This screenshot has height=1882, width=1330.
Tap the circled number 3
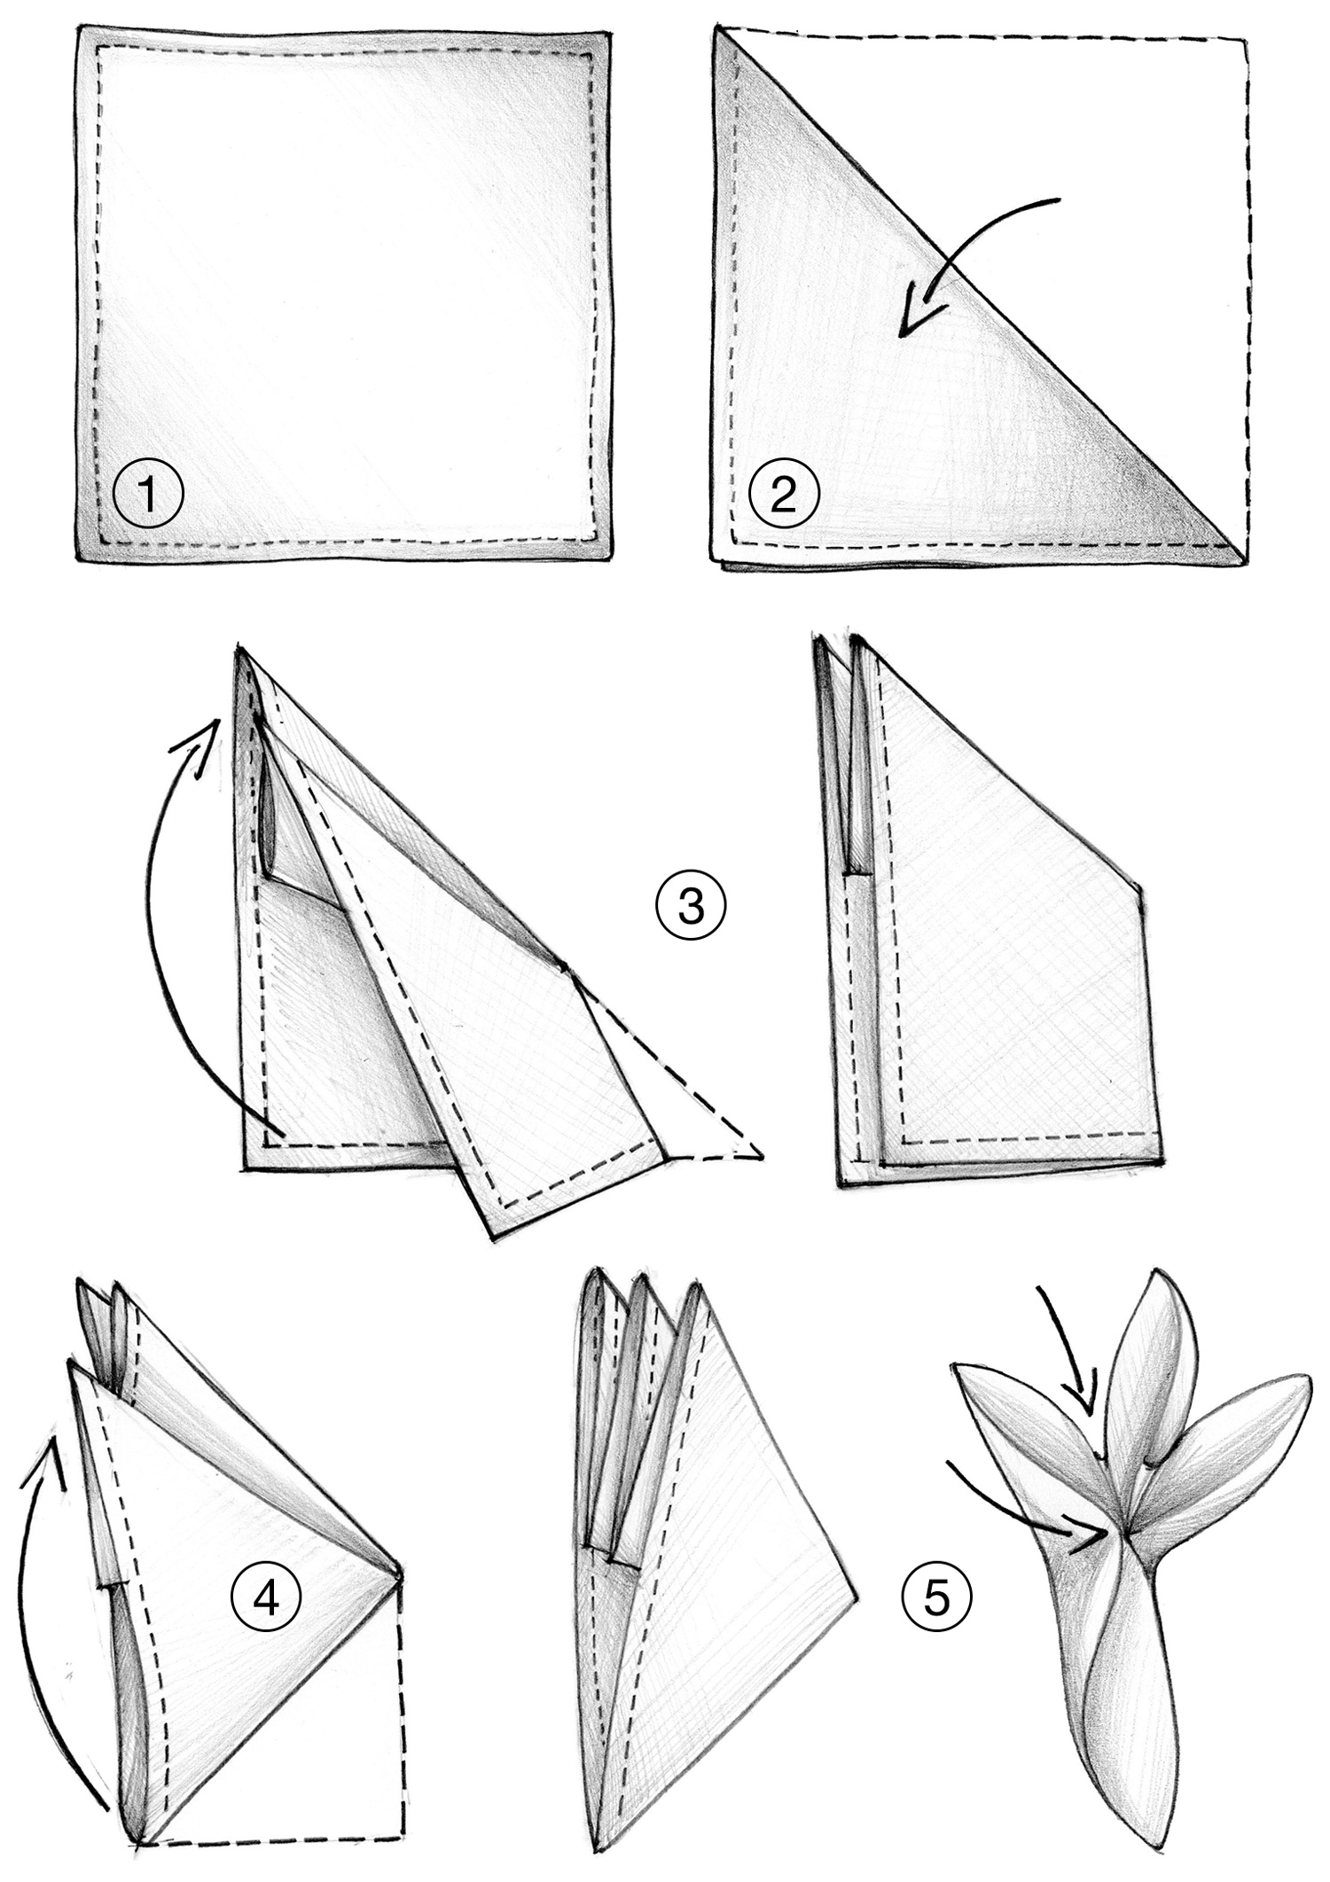click(691, 907)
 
